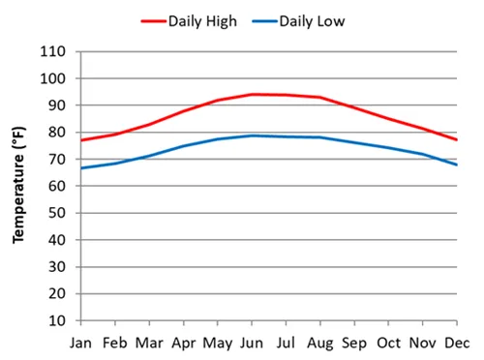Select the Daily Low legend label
[312, 20]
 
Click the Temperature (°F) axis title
[18, 185]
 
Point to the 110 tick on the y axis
[54, 51]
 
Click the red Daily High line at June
[253, 94]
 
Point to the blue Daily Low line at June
[253, 135]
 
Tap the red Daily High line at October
[389, 119]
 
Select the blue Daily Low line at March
[150, 156]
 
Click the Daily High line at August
[320, 97]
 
